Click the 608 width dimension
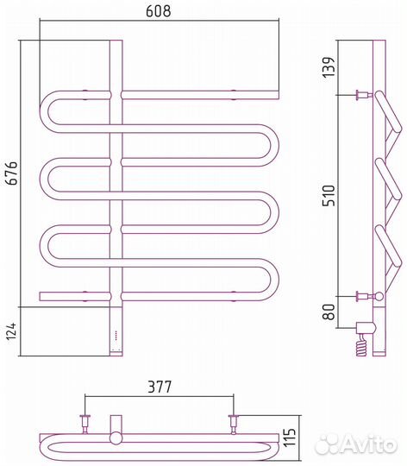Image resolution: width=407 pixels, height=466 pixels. [159, 10]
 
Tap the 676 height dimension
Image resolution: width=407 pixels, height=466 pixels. [12, 173]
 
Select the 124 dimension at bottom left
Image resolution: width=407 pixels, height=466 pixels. [11, 331]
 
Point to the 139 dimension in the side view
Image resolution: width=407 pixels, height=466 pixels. [329, 67]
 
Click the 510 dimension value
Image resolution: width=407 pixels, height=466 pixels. [329, 195]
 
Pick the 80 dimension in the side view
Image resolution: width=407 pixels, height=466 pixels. [329, 312]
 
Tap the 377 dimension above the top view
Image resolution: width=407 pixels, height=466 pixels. [160, 387]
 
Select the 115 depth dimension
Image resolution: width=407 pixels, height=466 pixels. [290, 437]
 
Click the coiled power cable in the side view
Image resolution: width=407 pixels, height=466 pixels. [361, 344]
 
